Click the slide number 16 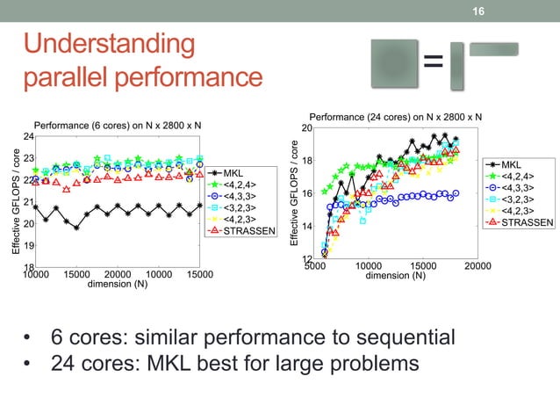(x=478, y=11)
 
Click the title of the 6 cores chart (x=118, y=126)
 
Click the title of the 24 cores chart (x=395, y=117)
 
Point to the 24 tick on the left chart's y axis (x=28, y=137)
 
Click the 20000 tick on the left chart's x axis (x=118, y=275)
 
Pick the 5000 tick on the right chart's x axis (x=314, y=266)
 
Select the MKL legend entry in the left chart (x=233, y=172)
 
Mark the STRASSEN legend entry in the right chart (x=523, y=222)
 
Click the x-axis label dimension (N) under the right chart (x=395, y=276)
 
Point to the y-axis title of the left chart (x=16, y=203)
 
